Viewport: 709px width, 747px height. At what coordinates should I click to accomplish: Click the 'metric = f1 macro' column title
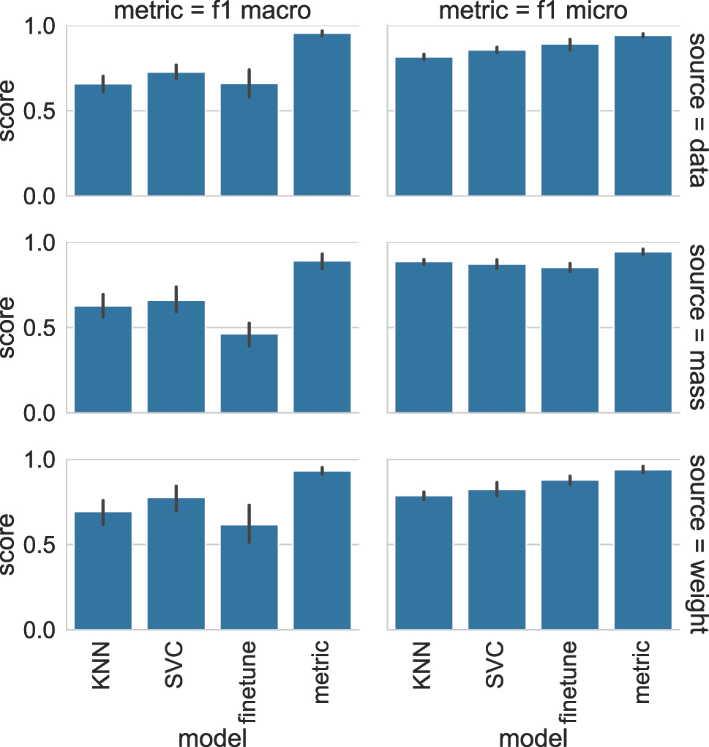[212, 10]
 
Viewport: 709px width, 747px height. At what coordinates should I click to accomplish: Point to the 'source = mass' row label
[696, 327]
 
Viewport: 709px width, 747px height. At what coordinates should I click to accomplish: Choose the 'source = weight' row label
[696, 543]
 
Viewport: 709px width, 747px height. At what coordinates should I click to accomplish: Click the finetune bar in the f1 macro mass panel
[249, 373]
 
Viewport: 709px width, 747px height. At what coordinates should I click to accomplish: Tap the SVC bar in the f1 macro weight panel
[176, 563]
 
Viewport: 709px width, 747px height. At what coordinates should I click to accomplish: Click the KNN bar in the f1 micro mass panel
[424, 338]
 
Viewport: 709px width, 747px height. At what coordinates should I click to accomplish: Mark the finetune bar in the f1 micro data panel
[570, 120]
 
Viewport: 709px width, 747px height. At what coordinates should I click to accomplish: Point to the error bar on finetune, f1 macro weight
[249, 524]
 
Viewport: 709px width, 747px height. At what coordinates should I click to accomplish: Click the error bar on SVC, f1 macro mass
[176, 299]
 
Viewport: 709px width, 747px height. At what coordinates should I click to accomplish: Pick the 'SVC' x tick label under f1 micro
[496, 664]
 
